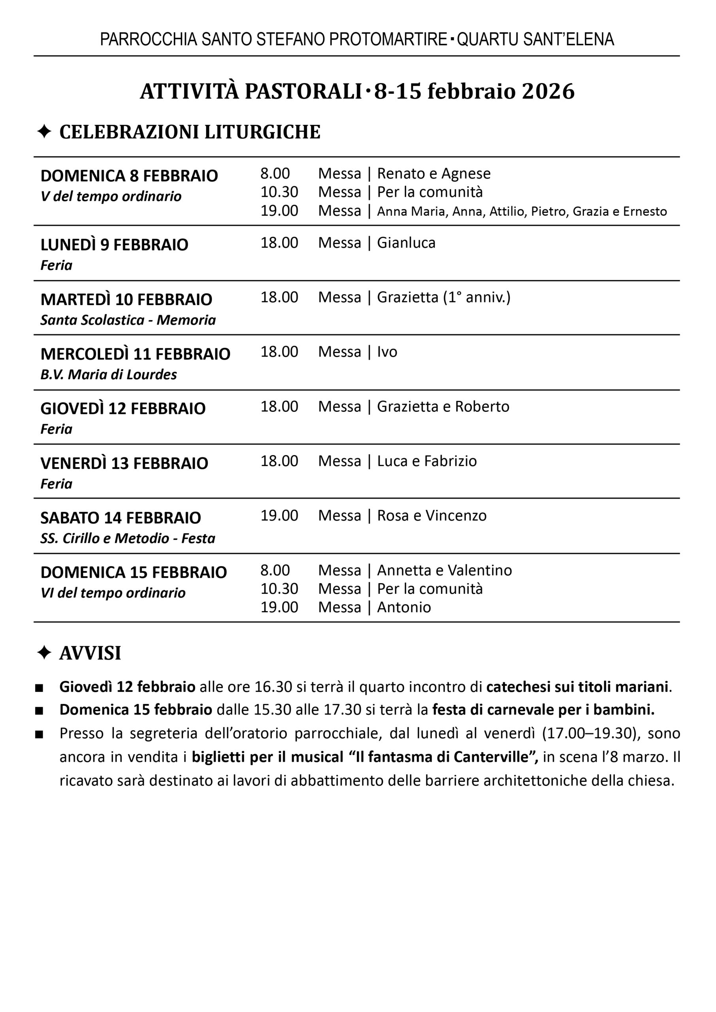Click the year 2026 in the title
[548, 91]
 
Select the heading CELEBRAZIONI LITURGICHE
[190, 132]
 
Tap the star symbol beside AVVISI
[44, 653]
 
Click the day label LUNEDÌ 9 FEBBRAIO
[114, 245]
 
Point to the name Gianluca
[406, 243]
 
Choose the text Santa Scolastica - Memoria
[128, 320]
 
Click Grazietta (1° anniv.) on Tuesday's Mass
[443, 297]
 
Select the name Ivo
[387, 352]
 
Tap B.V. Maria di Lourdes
[108, 374]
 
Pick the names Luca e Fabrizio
[427, 461]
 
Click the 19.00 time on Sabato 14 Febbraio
[279, 515]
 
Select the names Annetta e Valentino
[445, 570]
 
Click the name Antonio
[404, 607]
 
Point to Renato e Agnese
[434, 173]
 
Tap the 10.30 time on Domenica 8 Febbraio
[279, 192]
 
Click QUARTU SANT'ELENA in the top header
[535, 39]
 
